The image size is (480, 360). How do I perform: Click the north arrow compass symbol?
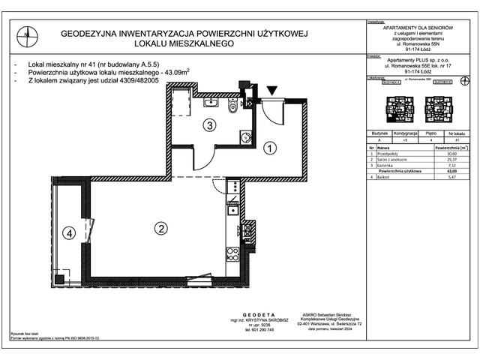(27, 32)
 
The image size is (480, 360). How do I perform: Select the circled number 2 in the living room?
(160, 228)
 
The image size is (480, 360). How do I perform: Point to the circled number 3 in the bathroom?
(211, 125)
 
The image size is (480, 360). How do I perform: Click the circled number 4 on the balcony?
(69, 234)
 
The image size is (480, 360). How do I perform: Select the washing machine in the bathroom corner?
(245, 136)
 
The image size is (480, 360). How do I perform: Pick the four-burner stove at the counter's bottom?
(232, 254)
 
